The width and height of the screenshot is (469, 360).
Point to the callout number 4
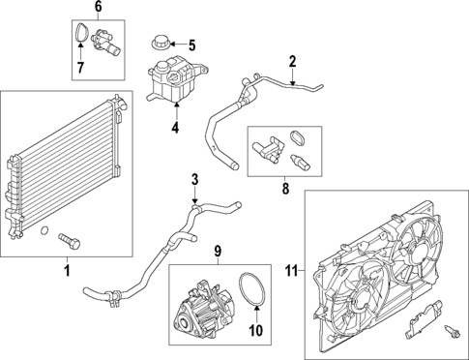(175, 126)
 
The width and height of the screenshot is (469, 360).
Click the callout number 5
(191, 44)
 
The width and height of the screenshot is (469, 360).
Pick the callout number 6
(96, 7)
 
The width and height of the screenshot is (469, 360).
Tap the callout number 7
(80, 68)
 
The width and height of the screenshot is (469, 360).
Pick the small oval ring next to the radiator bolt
(44, 230)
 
